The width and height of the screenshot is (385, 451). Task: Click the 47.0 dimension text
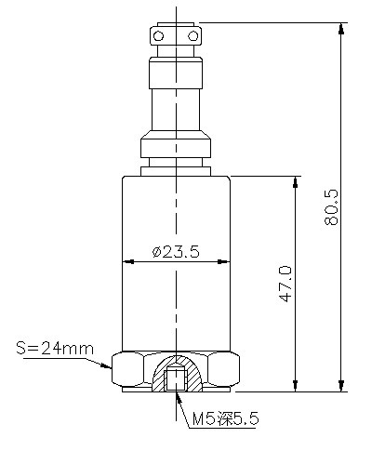pyautogui.click(x=285, y=283)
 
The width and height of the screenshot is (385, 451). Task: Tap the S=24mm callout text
pyautogui.click(x=55, y=349)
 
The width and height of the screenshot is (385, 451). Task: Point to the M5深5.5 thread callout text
pyautogui.click(x=226, y=420)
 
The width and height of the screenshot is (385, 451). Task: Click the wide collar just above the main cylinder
pyautogui.click(x=176, y=147)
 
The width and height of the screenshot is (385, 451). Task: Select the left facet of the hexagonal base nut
pyautogui.click(x=123, y=370)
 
